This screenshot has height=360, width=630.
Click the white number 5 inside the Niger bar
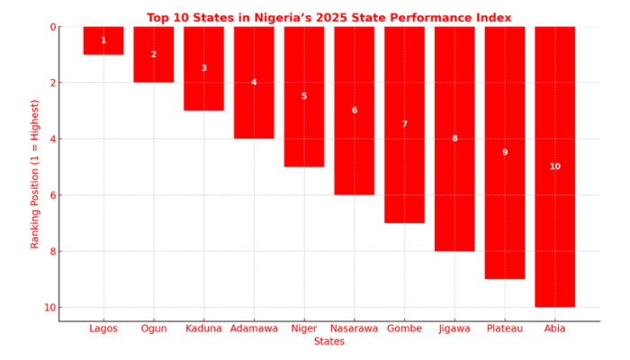tap(304, 96)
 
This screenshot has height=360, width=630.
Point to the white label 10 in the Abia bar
tap(554, 166)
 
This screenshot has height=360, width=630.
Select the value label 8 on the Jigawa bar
tap(454, 139)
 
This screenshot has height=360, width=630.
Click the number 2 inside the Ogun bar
tap(153, 55)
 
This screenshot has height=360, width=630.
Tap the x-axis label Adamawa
tap(254, 328)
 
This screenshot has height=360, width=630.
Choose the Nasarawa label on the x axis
tap(354, 328)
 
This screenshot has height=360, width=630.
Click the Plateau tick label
tap(504, 328)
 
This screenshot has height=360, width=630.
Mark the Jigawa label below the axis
tap(454, 328)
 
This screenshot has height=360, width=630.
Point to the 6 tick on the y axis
tap(51, 195)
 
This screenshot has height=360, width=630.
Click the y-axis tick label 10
tap(49, 308)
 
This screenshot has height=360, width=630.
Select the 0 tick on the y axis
tap(51, 27)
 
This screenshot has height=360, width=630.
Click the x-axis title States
tap(329, 342)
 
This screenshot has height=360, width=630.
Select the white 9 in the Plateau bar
tap(505, 153)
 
